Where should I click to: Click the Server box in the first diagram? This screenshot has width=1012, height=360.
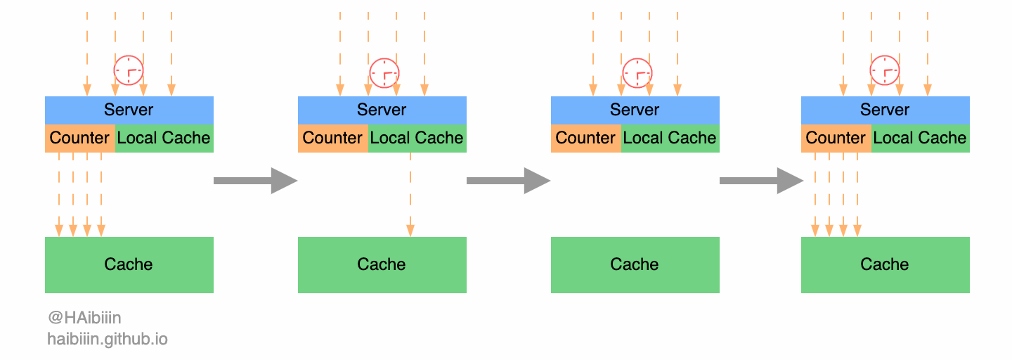129,110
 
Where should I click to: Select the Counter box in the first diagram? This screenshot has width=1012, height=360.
79,138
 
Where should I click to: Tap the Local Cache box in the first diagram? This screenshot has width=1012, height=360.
164,138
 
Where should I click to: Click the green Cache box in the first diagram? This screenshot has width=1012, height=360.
129,264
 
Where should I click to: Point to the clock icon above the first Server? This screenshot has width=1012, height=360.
129,70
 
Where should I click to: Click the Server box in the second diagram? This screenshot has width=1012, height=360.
382,110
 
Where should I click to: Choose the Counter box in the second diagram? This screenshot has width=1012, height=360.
332,138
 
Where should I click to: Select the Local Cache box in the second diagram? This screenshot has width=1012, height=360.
417,138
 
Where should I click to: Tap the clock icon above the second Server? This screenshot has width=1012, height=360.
384,72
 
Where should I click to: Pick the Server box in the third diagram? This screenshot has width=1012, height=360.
635,110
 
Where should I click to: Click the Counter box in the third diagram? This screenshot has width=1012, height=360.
585,138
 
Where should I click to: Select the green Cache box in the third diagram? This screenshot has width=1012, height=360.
635,264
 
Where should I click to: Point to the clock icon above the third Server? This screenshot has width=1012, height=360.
637,72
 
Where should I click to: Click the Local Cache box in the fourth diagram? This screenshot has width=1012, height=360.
920,138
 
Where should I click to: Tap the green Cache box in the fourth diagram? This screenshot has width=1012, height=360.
885,264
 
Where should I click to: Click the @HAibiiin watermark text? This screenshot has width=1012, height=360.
84,319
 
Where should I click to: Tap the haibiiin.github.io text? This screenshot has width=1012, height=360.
108,340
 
